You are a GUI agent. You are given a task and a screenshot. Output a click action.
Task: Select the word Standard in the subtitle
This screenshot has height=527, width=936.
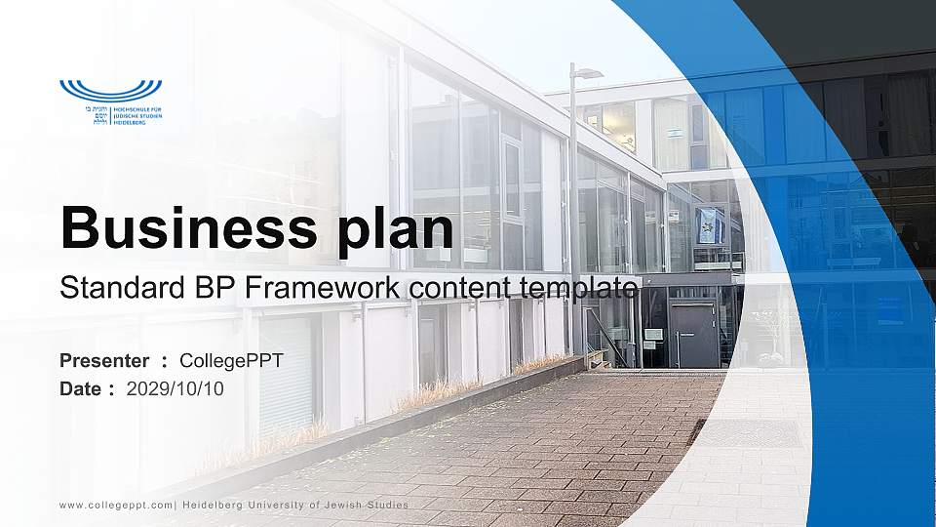point(115,288)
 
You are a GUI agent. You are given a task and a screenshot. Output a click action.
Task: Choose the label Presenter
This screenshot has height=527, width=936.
point(104,361)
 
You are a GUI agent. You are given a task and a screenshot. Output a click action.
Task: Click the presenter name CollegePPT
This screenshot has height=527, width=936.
point(231,361)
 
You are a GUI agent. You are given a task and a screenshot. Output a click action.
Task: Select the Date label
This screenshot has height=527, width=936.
point(81,388)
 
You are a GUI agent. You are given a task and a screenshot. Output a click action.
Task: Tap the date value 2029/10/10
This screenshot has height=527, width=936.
point(175,388)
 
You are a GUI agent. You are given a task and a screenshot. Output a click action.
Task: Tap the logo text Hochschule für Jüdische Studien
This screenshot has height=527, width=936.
point(137,116)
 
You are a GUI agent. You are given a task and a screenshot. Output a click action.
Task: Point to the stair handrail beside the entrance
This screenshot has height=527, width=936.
point(606,337)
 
